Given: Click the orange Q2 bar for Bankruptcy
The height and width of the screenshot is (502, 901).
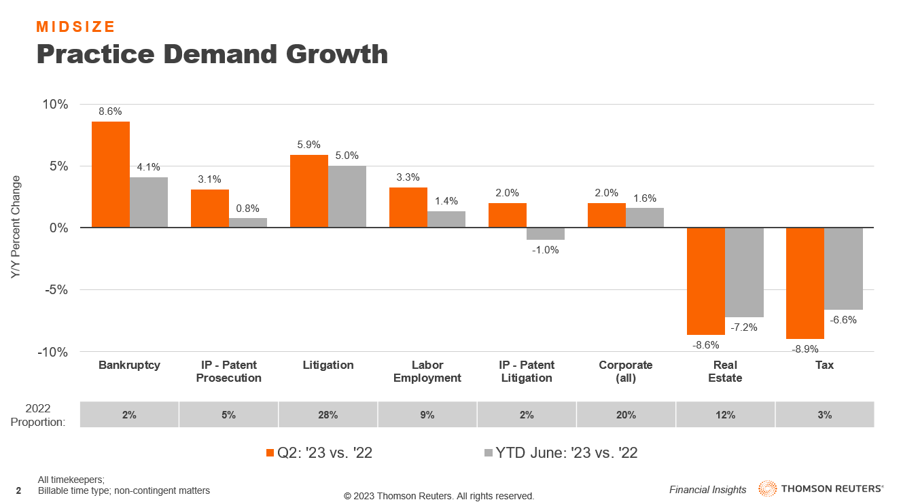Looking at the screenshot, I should click(x=111, y=175).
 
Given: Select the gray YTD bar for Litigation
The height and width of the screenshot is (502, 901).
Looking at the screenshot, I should click(x=347, y=197).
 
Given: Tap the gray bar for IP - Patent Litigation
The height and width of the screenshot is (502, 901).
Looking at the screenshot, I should click(x=546, y=234).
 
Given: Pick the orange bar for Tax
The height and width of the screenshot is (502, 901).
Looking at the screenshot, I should click(x=805, y=283).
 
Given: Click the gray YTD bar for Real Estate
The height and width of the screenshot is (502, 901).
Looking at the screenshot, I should click(x=744, y=272).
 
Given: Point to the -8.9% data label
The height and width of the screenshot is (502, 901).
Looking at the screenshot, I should click(x=805, y=349).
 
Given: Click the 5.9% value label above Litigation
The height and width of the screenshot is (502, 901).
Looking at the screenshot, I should click(x=308, y=145).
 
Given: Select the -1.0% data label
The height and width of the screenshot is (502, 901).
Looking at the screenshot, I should click(x=545, y=250).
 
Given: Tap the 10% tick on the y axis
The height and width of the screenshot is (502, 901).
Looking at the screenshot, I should click(x=55, y=105).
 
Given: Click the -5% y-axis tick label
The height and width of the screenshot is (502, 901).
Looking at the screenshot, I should click(x=55, y=290).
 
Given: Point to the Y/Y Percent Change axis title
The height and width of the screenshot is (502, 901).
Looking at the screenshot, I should click(x=16, y=227).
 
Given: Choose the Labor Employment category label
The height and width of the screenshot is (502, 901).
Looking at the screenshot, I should click(x=427, y=372).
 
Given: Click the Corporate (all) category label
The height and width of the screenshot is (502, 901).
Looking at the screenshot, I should click(x=625, y=372).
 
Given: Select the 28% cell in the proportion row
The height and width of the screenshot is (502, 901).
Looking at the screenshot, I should click(x=328, y=415).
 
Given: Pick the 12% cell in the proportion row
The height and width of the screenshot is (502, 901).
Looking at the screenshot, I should click(x=725, y=415).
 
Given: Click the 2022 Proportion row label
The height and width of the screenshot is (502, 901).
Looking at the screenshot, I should click(x=39, y=415).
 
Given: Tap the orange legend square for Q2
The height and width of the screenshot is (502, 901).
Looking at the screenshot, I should click(x=270, y=453).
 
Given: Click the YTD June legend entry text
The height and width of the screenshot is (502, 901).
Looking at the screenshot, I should click(x=567, y=453).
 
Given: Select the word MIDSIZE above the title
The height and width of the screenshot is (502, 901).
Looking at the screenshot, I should click(x=75, y=27).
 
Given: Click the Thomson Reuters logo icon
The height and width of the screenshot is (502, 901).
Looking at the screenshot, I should click(x=768, y=489).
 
